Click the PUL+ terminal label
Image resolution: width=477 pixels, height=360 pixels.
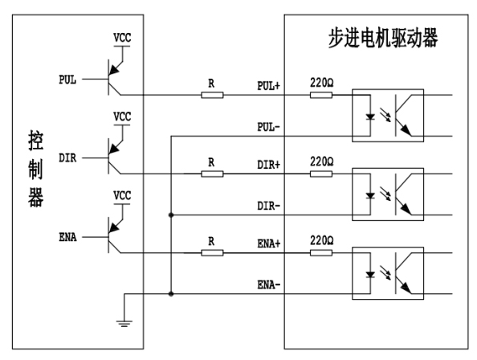(268, 86)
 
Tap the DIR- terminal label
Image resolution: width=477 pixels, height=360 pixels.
(268, 206)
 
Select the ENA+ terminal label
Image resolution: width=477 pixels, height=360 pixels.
(269, 243)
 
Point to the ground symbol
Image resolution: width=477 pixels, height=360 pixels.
(124, 324)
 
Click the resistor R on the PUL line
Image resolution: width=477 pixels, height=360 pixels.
(212, 96)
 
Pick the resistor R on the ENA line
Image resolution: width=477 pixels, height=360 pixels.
(212, 253)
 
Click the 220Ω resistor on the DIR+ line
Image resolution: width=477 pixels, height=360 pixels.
(321, 174)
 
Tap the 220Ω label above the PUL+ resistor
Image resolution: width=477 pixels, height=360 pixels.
(321, 83)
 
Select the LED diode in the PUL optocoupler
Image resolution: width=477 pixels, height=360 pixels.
(370, 117)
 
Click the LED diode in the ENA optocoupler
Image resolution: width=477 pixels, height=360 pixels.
(370, 275)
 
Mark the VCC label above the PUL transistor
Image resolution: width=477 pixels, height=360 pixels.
(122, 38)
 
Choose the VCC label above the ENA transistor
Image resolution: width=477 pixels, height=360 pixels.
(122, 195)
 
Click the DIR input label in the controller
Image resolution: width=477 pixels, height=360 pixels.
(67, 158)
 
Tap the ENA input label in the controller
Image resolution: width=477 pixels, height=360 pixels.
(67, 237)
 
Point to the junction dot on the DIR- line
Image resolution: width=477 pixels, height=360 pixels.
(171, 215)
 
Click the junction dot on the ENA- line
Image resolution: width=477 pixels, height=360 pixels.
(171, 294)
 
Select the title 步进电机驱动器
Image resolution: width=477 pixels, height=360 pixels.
(383, 38)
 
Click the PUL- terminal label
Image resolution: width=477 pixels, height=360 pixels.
(268, 127)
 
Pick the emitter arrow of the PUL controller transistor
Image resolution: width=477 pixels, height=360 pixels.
(114, 70)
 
